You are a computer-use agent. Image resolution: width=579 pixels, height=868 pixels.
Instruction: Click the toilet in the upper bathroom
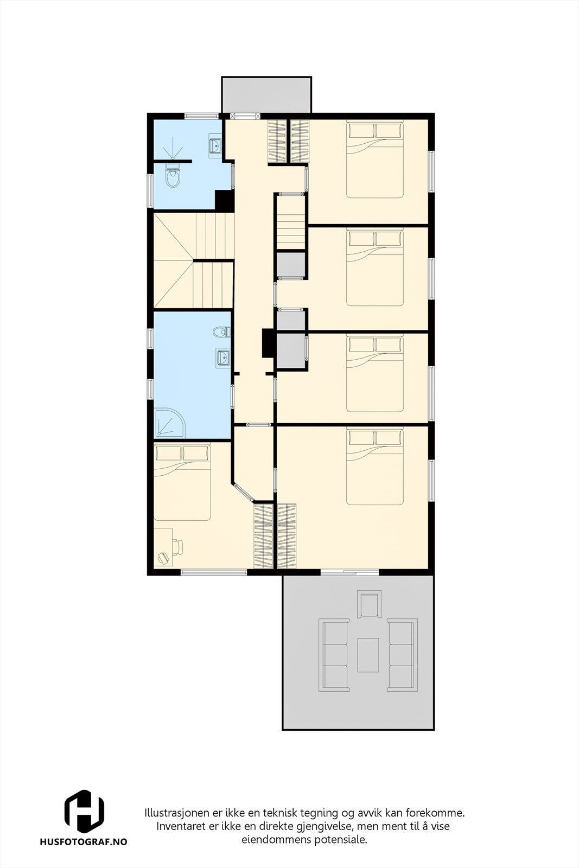(x=173, y=177)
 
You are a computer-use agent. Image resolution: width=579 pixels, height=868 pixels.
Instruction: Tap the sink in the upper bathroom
(x=215, y=145)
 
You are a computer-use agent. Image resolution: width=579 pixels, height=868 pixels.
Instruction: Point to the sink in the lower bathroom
(x=222, y=357)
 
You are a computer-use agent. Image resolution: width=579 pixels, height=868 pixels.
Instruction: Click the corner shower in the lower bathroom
(x=169, y=422)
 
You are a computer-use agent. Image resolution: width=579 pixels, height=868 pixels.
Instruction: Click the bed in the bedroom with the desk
(x=182, y=482)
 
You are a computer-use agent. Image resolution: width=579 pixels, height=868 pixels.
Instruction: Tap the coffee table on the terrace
(x=368, y=655)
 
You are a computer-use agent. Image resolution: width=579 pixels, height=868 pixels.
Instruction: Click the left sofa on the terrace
(x=334, y=655)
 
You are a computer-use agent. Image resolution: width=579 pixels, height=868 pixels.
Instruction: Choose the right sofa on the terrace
(x=402, y=655)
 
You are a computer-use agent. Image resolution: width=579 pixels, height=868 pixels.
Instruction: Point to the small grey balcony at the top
(x=266, y=94)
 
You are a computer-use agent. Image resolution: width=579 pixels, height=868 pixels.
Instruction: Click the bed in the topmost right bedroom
(x=375, y=159)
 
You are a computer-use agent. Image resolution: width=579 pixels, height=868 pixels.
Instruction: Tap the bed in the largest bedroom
(x=375, y=467)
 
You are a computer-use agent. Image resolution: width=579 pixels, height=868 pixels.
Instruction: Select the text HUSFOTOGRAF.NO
(x=84, y=843)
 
